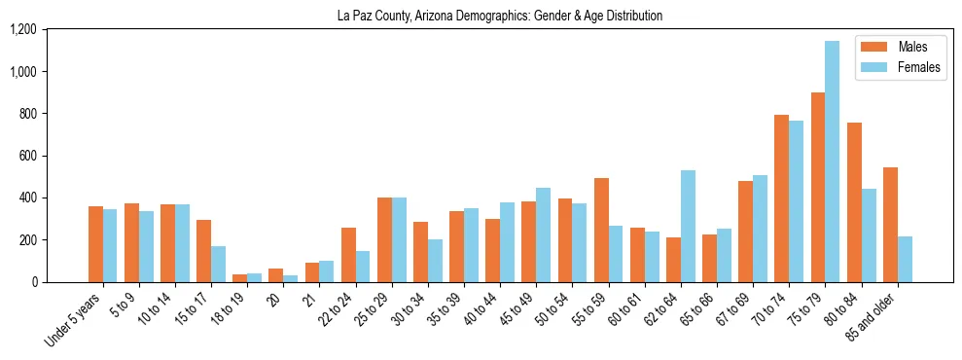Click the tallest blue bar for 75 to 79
[832, 162]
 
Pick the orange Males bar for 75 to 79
[818, 187]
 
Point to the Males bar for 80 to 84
[854, 202]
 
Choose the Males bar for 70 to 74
[782, 198]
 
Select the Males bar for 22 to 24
[348, 255]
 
